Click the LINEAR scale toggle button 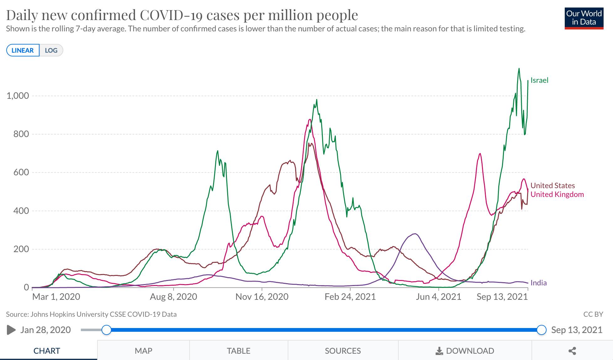[x=23, y=50]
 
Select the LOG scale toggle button [x=51, y=50]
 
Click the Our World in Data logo [x=584, y=19]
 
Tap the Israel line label [x=539, y=80]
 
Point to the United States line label [x=553, y=185]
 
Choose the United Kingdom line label [x=557, y=194]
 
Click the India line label [x=538, y=283]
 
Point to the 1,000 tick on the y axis [x=18, y=96]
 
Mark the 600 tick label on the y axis [x=21, y=172]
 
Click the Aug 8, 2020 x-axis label [x=173, y=297]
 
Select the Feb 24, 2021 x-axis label [x=350, y=297]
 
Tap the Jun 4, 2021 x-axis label [x=438, y=297]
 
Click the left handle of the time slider [x=107, y=330]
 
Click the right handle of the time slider [x=541, y=330]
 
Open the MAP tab [x=143, y=351]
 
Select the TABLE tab [x=238, y=351]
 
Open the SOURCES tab [x=343, y=351]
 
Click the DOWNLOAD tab [x=465, y=351]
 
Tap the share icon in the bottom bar [x=572, y=351]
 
